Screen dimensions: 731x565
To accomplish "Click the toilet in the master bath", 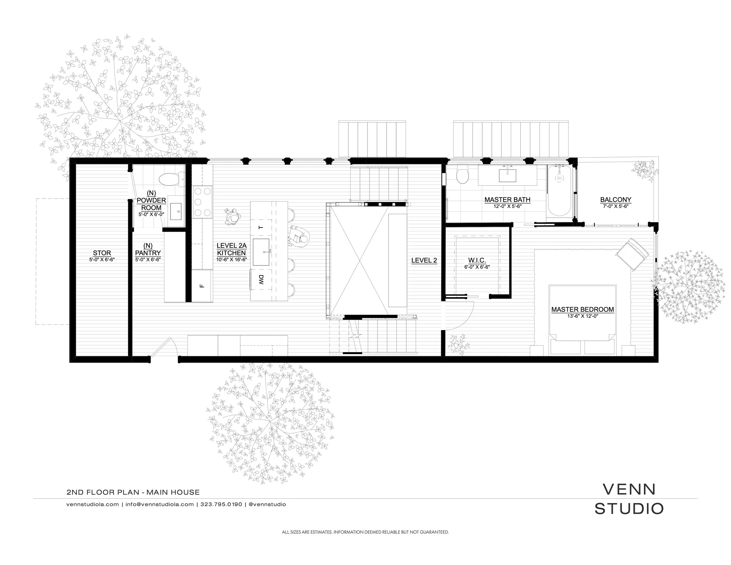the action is (x=463, y=175).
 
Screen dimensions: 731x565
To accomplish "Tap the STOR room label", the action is (x=102, y=253).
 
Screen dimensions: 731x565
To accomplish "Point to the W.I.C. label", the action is (x=477, y=260).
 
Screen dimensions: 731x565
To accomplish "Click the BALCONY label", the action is (x=616, y=200).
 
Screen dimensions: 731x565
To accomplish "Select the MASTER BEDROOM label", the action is (x=582, y=310).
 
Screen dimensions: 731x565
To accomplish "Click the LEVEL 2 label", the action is (x=424, y=260).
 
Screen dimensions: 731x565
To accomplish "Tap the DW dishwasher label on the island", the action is (x=261, y=280).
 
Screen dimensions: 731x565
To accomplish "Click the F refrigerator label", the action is (x=201, y=285).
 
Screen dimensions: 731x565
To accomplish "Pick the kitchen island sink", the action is (x=261, y=252).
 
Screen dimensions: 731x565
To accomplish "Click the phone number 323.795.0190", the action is (x=221, y=504).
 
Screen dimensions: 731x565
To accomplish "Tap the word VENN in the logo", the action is (x=629, y=489).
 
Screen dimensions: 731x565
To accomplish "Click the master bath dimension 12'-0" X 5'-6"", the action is (x=507, y=206).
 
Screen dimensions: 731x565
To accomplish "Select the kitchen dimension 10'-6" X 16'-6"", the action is (x=231, y=259).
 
